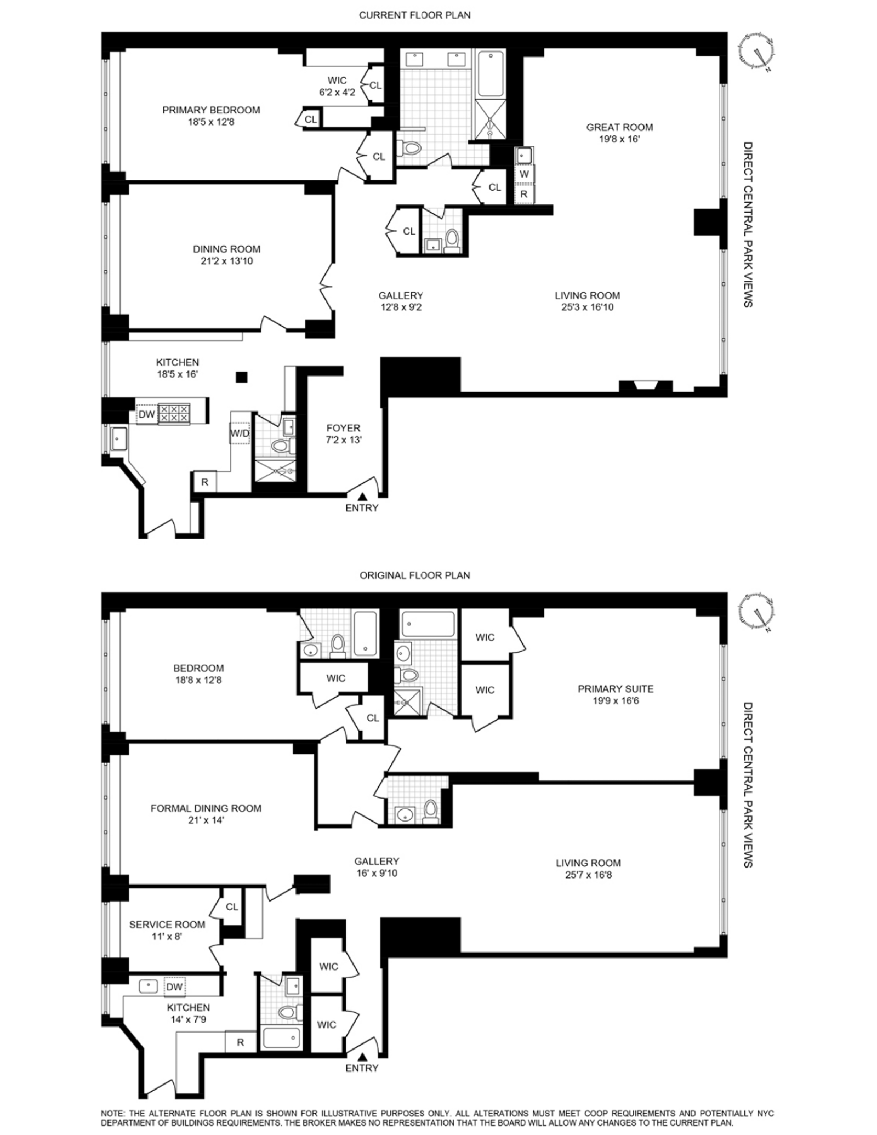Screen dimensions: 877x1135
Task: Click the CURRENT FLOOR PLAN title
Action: pyautogui.click(x=414, y=15)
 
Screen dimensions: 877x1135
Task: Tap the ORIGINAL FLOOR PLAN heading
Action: pyautogui.click(x=414, y=575)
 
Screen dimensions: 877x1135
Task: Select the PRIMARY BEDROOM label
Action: pyautogui.click(x=211, y=110)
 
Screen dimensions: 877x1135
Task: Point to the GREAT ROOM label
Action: pyautogui.click(x=619, y=127)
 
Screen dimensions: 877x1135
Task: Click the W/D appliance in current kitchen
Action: pyautogui.click(x=240, y=434)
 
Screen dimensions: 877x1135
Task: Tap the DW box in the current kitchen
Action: pyautogui.click(x=146, y=414)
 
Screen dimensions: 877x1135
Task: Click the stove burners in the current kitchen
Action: pyautogui.click(x=174, y=414)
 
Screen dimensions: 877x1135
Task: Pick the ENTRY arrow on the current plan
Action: pyautogui.click(x=362, y=495)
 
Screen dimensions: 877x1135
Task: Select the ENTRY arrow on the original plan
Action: pyautogui.click(x=362, y=1056)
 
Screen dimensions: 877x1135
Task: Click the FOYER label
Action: pyautogui.click(x=343, y=428)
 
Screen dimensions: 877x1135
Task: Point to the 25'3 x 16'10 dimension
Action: pyautogui.click(x=587, y=307)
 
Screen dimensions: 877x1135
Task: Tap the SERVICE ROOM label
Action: pyautogui.click(x=167, y=925)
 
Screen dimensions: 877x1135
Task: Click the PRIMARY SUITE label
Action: pyautogui.click(x=616, y=689)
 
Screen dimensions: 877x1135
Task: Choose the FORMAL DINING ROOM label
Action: pyautogui.click(x=206, y=808)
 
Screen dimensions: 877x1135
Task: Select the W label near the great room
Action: pyautogui.click(x=524, y=174)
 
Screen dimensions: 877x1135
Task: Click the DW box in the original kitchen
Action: pyautogui.click(x=174, y=987)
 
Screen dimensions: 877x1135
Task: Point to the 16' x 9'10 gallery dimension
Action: pyautogui.click(x=376, y=873)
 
